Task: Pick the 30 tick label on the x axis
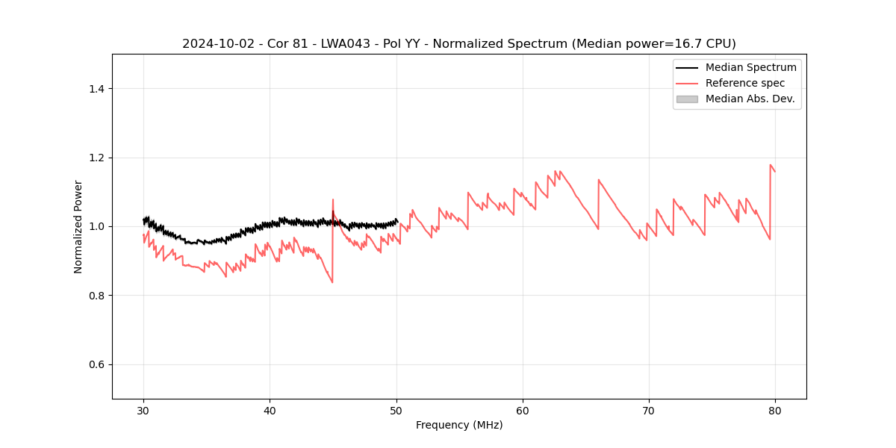click(143, 410)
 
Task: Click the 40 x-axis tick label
click(270, 410)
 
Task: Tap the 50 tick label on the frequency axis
click(396, 410)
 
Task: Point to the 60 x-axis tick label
click(523, 410)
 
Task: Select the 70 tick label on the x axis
click(649, 410)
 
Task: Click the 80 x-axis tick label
click(775, 410)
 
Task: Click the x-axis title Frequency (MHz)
click(459, 425)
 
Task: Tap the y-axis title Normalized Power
click(78, 226)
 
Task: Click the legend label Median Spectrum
click(750, 67)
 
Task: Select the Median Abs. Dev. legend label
click(750, 99)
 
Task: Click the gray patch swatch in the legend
click(687, 99)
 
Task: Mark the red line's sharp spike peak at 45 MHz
click(333, 199)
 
